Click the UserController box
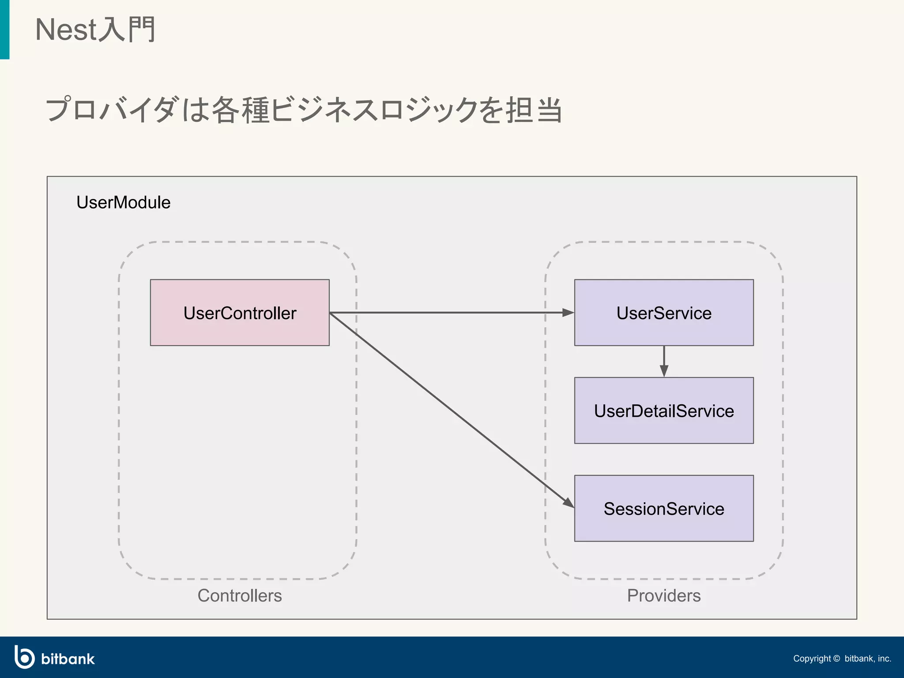pyautogui.click(x=240, y=313)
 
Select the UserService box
pyautogui.click(x=663, y=313)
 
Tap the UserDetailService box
pyautogui.click(x=663, y=411)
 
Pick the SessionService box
pyautogui.click(x=663, y=508)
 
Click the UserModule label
pyautogui.click(x=123, y=202)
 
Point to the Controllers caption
pyautogui.click(x=239, y=595)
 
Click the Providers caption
pyautogui.click(x=663, y=595)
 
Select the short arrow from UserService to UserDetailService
pyautogui.click(x=664, y=361)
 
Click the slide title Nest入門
pyautogui.click(x=95, y=30)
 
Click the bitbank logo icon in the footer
pyautogui.click(x=24, y=657)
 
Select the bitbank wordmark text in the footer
pyautogui.click(x=68, y=659)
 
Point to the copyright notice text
pyautogui.click(x=842, y=659)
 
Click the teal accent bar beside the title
pyautogui.click(x=4, y=29)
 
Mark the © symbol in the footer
pyautogui.click(x=836, y=659)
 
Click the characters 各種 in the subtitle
pyautogui.click(x=241, y=110)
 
